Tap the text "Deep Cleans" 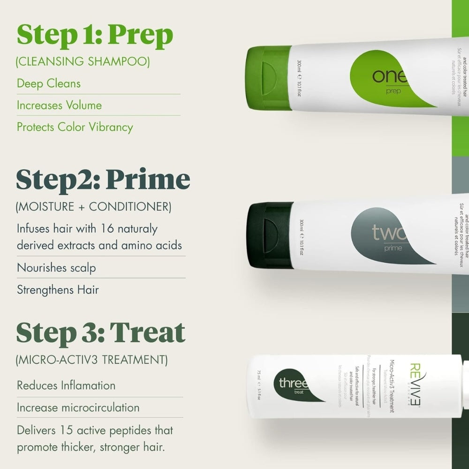[x=49, y=83]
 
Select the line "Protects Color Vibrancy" [x=75, y=127]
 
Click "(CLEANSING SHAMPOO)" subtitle [x=83, y=61]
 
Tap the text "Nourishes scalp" [x=56, y=268]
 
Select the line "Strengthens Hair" [x=58, y=290]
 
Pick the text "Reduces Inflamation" [x=66, y=386]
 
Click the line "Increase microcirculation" [x=78, y=408]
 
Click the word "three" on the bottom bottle [x=293, y=384]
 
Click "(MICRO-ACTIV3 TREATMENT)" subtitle [x=91, y=360]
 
